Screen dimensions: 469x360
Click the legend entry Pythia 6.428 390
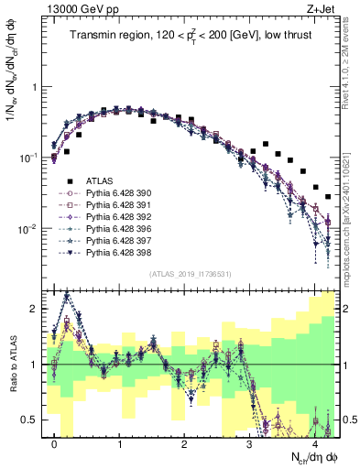[111, 193]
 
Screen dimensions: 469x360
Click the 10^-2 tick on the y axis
[29, 228]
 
